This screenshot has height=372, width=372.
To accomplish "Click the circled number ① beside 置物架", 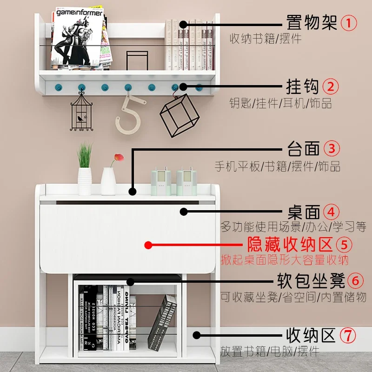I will click(349, 22).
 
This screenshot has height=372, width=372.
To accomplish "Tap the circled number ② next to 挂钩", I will click(331, 86).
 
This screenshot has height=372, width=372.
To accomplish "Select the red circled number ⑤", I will click(343, 244).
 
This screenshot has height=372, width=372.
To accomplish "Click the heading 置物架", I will click(311, 22).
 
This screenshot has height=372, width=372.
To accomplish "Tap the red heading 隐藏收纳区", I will click(289, 244).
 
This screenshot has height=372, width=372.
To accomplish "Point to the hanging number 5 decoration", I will click(128, 115).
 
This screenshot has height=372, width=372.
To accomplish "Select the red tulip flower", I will click(118, 159).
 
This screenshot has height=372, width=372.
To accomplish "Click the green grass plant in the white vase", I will click(85, 155).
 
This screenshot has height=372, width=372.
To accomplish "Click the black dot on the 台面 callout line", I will click(133, 191).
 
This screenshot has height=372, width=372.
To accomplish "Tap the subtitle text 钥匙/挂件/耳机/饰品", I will click(280, 103).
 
